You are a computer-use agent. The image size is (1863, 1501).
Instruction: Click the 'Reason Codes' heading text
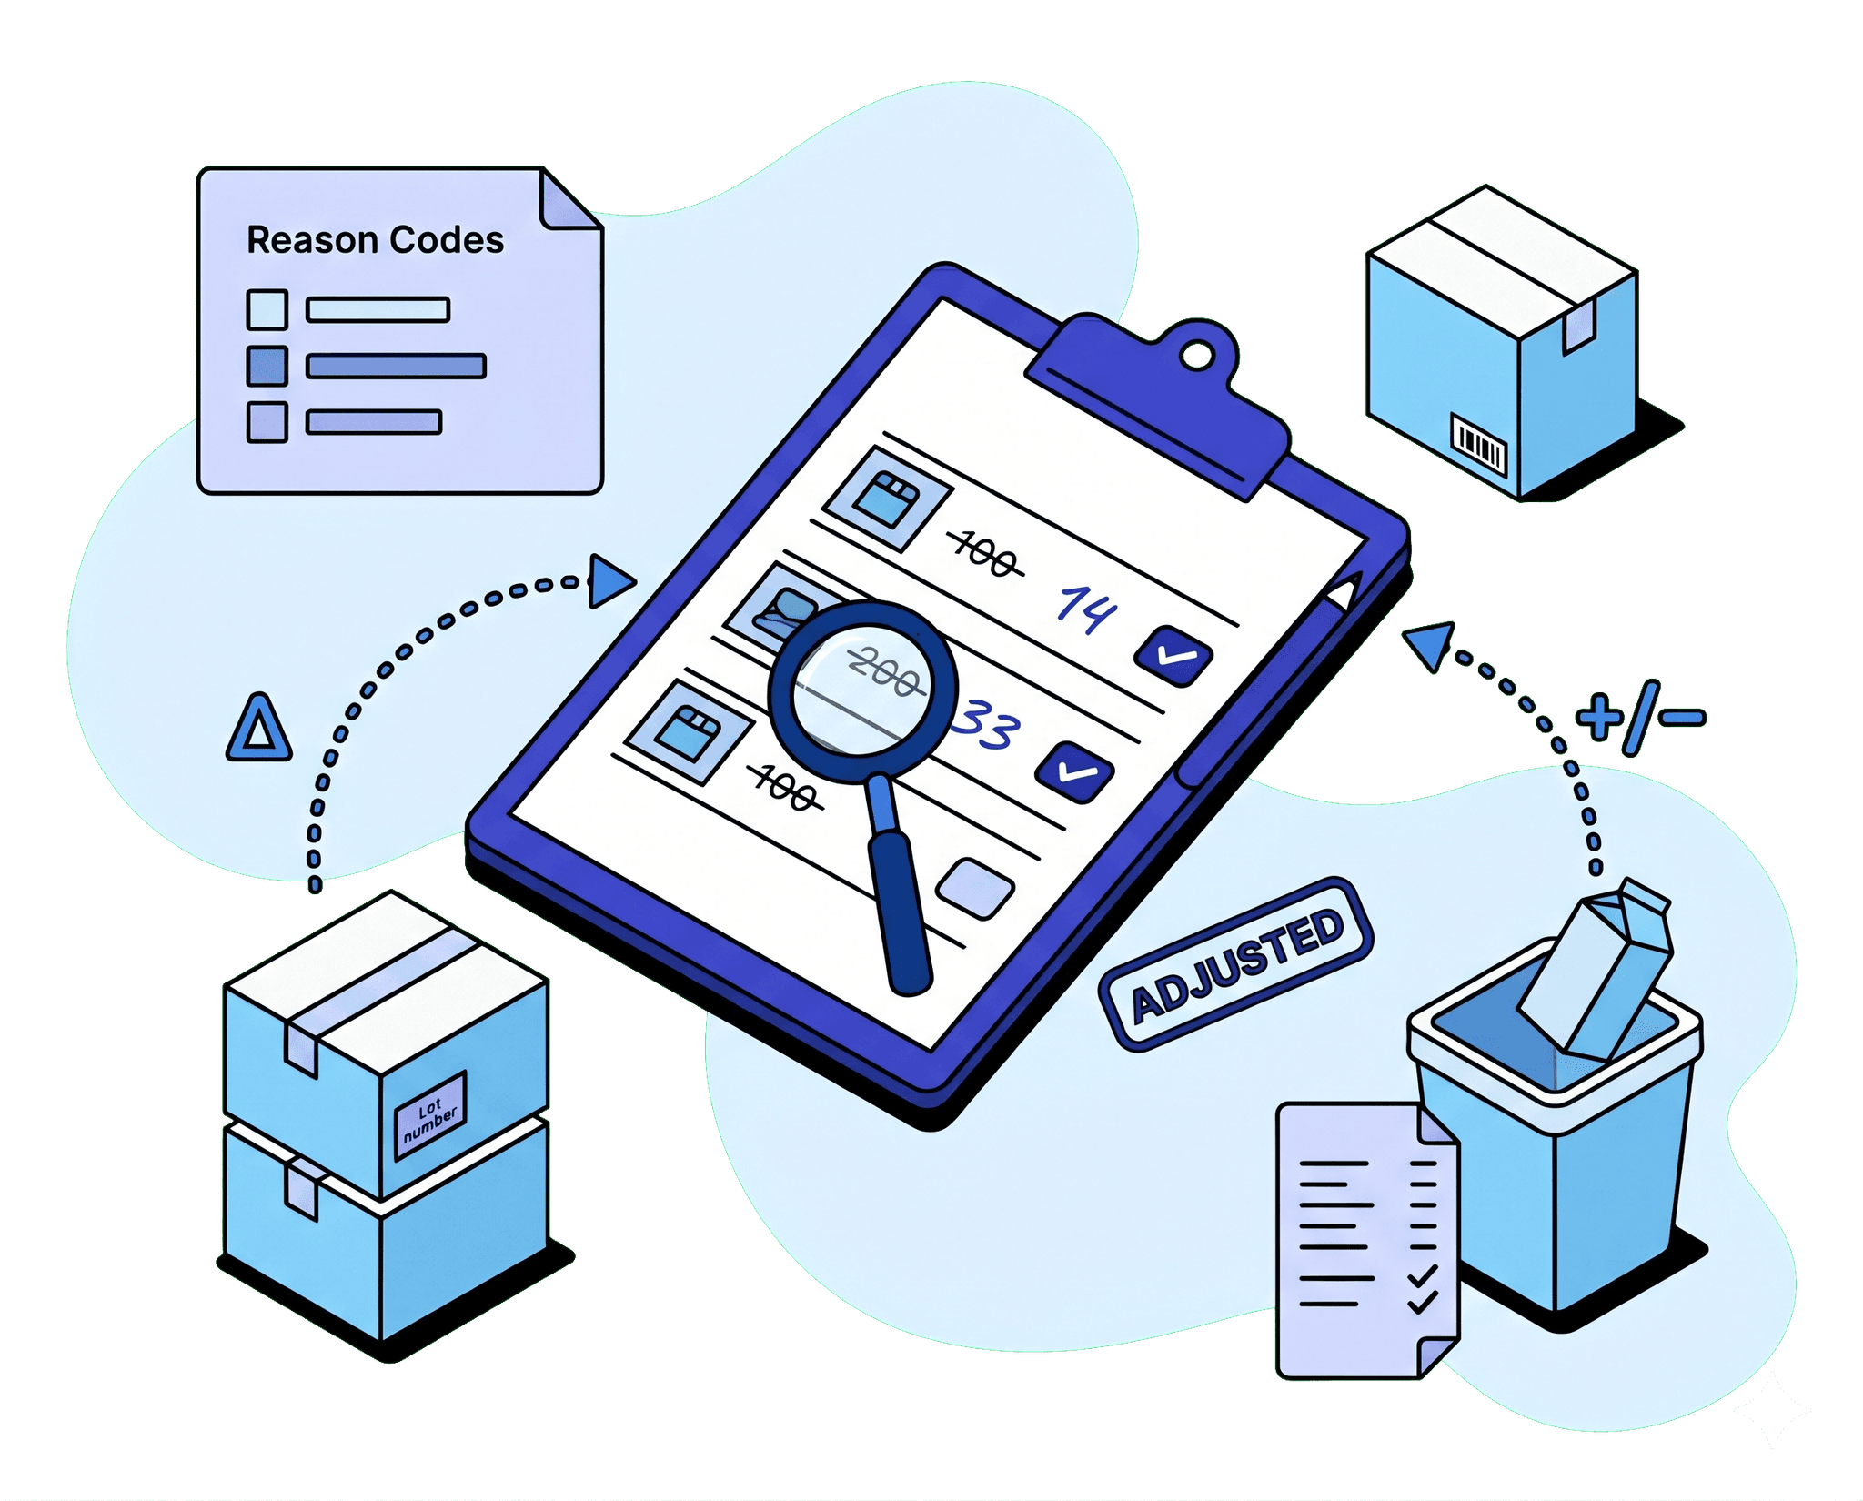[x=375, y=240]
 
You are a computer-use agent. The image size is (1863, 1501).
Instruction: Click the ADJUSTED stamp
[x=1236, y=965]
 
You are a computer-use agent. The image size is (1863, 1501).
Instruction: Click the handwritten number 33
[x=986, y=724]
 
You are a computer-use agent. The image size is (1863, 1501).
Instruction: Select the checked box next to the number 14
[x=1173, y=655]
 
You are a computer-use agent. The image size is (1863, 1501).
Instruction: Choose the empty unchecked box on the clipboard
[x=975, y=888]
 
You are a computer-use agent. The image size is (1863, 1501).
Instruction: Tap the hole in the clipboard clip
[x=1197, y=356]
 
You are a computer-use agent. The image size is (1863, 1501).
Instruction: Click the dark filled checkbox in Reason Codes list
[x=267, y=366]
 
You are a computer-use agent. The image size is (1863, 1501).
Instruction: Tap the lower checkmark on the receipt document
[x=1423, y=1302]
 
